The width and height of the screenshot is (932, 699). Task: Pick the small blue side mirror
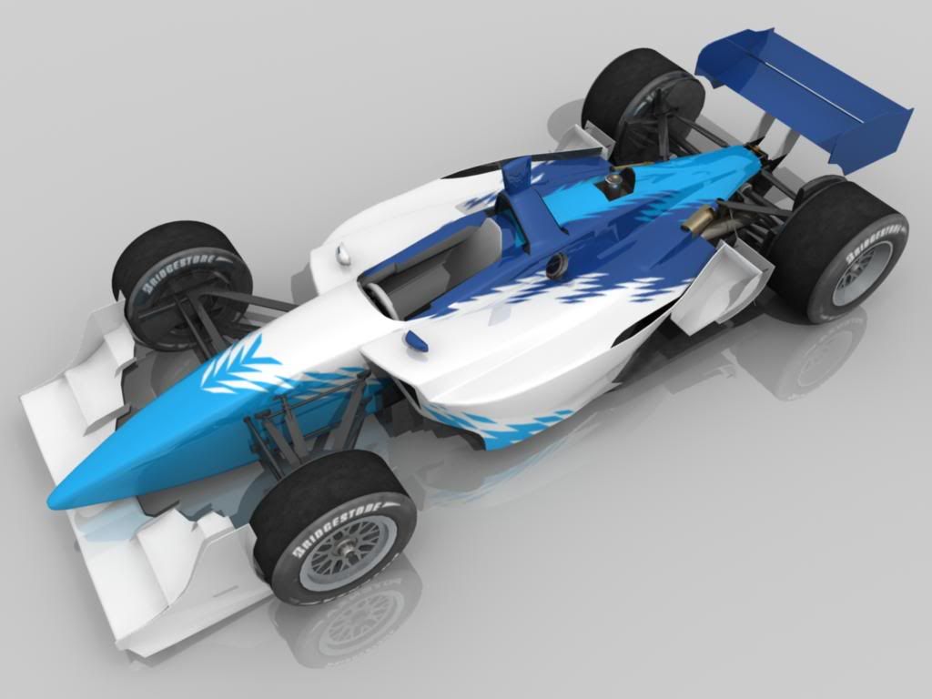pyautogui.click(x=415, y=341)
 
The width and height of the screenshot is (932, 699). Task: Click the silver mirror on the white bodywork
pyautogui.click(x=342, y=257)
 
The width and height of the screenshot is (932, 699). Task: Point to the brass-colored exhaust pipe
pyautogui.click(x=699, y=222)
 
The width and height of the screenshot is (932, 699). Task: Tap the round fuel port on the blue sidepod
pyautogui.click(x=556, y=265)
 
